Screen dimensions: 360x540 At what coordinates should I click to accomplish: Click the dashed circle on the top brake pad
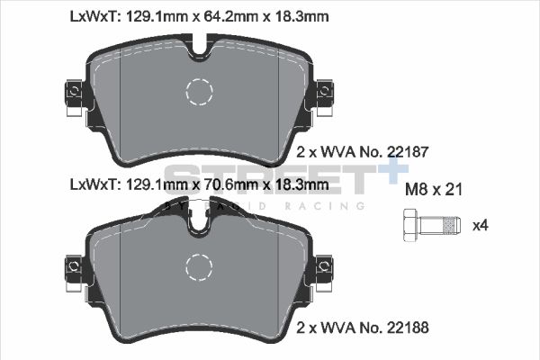[x=200, y=91]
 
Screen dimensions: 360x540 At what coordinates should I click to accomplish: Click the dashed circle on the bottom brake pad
[x=200, y=267]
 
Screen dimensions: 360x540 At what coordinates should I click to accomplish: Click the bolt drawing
[x=430, y=223]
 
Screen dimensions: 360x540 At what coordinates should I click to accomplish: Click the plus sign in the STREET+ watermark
[x=376, y=176]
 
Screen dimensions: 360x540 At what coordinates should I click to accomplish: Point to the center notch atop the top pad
[x=199, y=46]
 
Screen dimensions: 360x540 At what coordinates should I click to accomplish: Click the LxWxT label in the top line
[x=92, y=16]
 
